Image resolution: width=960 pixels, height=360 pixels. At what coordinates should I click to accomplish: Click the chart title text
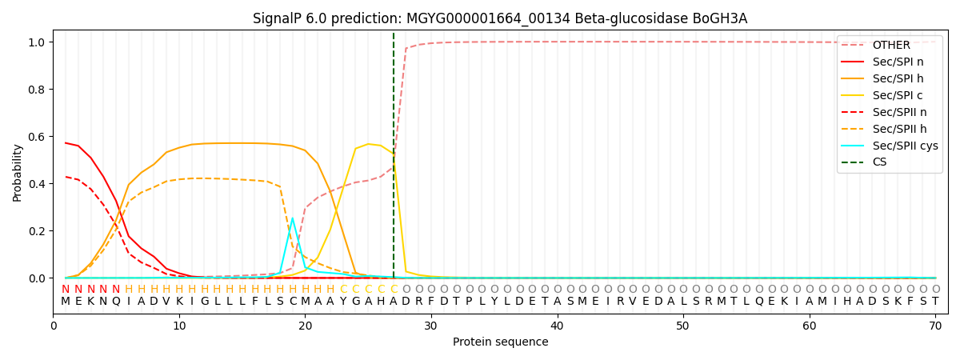pyautogui.click(x=500, y=18)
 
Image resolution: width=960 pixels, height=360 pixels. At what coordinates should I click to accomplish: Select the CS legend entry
pyautogui.click(x=879, y=162)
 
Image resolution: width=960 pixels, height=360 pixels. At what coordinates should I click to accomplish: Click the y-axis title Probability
pyautogui.click(x=18, y=172)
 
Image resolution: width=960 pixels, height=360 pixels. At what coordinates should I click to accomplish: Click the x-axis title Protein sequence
pyautogui.click(x=501, y=342)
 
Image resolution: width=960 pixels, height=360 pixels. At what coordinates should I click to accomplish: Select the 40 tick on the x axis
pyautogui.click(x=557, y=326)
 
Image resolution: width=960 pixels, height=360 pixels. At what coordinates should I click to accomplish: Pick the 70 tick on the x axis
pyautogui.click(x=935, y=326)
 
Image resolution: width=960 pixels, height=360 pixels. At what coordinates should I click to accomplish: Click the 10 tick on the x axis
pyautogui.click(x=179, y=326)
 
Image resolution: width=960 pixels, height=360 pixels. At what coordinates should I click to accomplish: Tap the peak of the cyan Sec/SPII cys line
pyautogui.click(x=292, y=218)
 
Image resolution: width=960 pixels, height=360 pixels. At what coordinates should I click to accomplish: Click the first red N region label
pyautogui.click(x=66, y=290)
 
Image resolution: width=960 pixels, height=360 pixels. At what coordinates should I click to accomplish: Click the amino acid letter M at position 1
pyautogui.click(x=66, y=302)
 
